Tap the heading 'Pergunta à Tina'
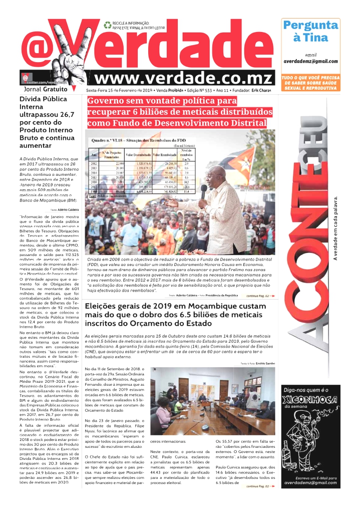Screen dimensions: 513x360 [x=310, y=31]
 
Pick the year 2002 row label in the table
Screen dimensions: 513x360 [x=94, y=163]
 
